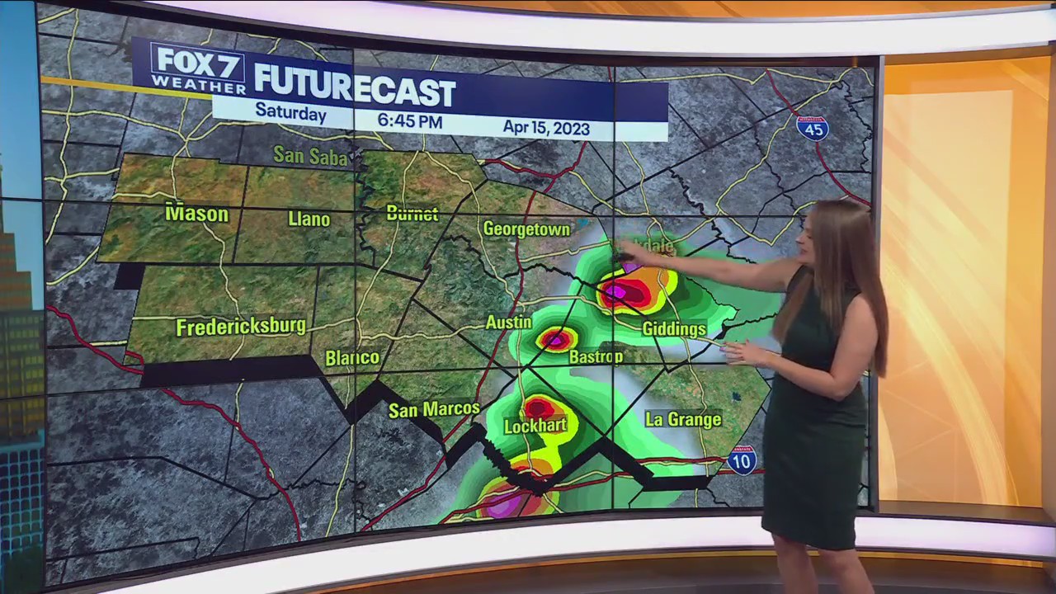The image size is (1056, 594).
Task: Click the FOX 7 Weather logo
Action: point(199,68)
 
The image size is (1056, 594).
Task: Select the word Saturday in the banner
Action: point(290,113)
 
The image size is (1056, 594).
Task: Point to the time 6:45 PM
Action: point(410,121)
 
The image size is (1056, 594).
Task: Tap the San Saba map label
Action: point(310,155)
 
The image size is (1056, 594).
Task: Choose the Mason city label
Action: point(197,214)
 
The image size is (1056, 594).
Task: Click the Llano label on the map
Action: point(309,219)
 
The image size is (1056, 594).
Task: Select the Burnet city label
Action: point(412,214)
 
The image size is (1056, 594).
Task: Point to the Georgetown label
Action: point(527,229)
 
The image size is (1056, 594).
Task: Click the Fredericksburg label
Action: point(241,327)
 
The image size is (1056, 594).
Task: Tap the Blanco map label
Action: point(352,358)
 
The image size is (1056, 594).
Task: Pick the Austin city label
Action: point(508,322)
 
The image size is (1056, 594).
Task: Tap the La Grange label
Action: point(683,419)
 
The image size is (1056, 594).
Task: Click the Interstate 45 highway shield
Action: point(813,128)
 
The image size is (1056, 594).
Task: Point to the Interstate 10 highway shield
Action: point(742,461)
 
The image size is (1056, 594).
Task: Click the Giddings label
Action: point(675,329)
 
